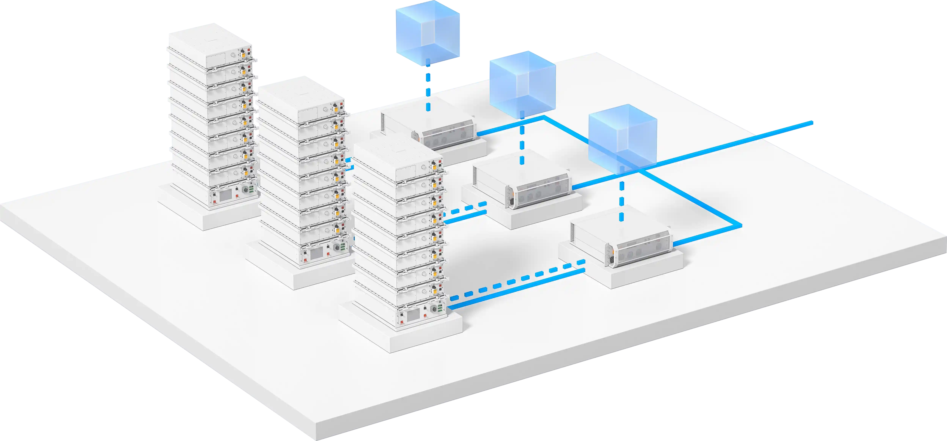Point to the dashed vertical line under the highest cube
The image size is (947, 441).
tap(428, 88)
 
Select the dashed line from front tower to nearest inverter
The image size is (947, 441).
tap(515, 281)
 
